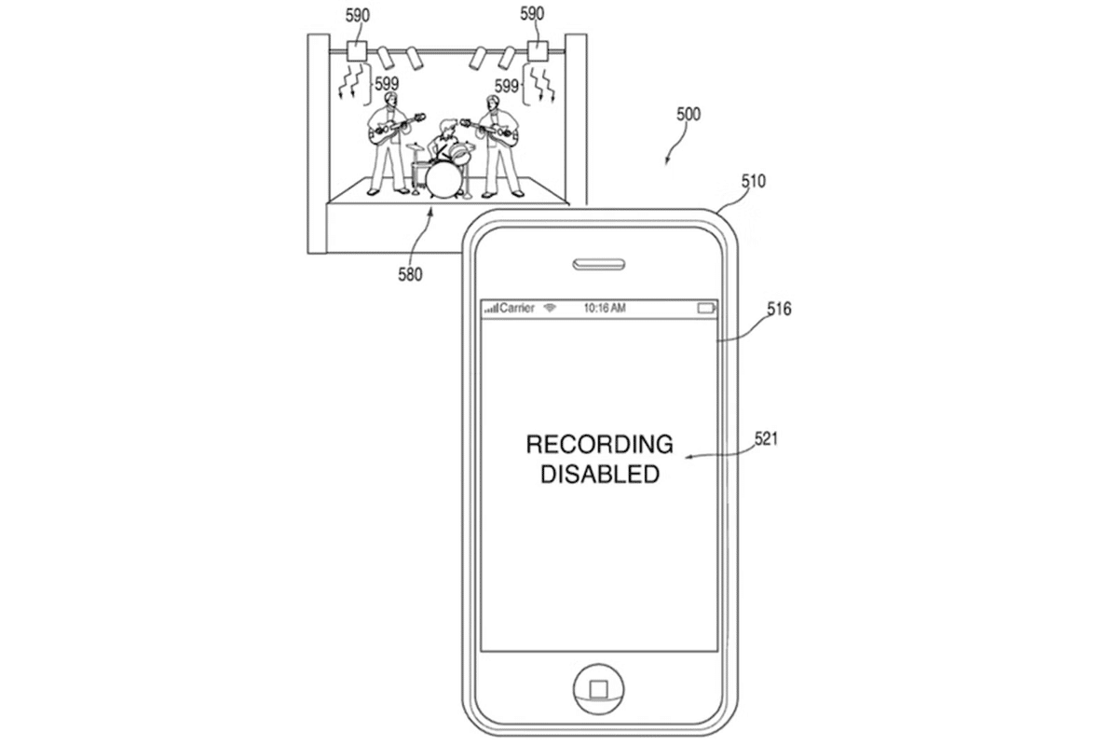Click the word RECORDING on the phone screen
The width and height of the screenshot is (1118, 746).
(x=599, y=444)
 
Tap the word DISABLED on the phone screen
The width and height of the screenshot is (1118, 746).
(x=600, y=475)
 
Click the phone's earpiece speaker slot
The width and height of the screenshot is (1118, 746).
(x=598, y=264)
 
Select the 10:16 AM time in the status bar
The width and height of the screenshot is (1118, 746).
(x=605, y=308)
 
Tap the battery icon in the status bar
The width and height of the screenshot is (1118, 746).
(x=706, y=309)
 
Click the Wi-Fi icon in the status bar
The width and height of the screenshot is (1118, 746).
(x=550, y=308)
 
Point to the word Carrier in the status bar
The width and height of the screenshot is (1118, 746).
(x=516, y=308)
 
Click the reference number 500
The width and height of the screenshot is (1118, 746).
(x=689, y=115)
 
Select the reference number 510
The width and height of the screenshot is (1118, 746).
(x=753, y=181)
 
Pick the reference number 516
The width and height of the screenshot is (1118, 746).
(x=779, y=310)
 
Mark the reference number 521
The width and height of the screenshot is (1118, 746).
(x=766, y=439)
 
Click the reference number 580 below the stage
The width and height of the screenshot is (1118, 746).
(x=410, y=274)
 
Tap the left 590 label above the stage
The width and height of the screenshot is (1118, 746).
(x=358, y=16)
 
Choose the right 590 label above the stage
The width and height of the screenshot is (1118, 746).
(x=532, y=14)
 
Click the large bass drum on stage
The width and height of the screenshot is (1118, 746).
(x=443, y=181)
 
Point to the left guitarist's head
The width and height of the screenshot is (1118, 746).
(x=390, y=100)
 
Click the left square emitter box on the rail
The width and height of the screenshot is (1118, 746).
(x=356, y=51)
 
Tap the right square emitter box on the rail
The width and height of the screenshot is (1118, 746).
(x=539, y=51)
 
